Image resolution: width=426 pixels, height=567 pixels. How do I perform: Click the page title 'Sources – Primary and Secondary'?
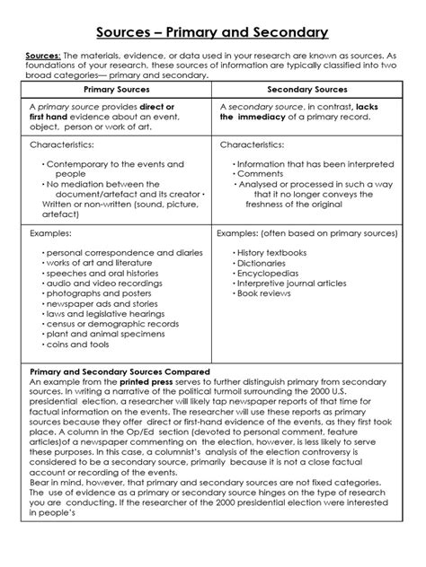click(x=212, y=33)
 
